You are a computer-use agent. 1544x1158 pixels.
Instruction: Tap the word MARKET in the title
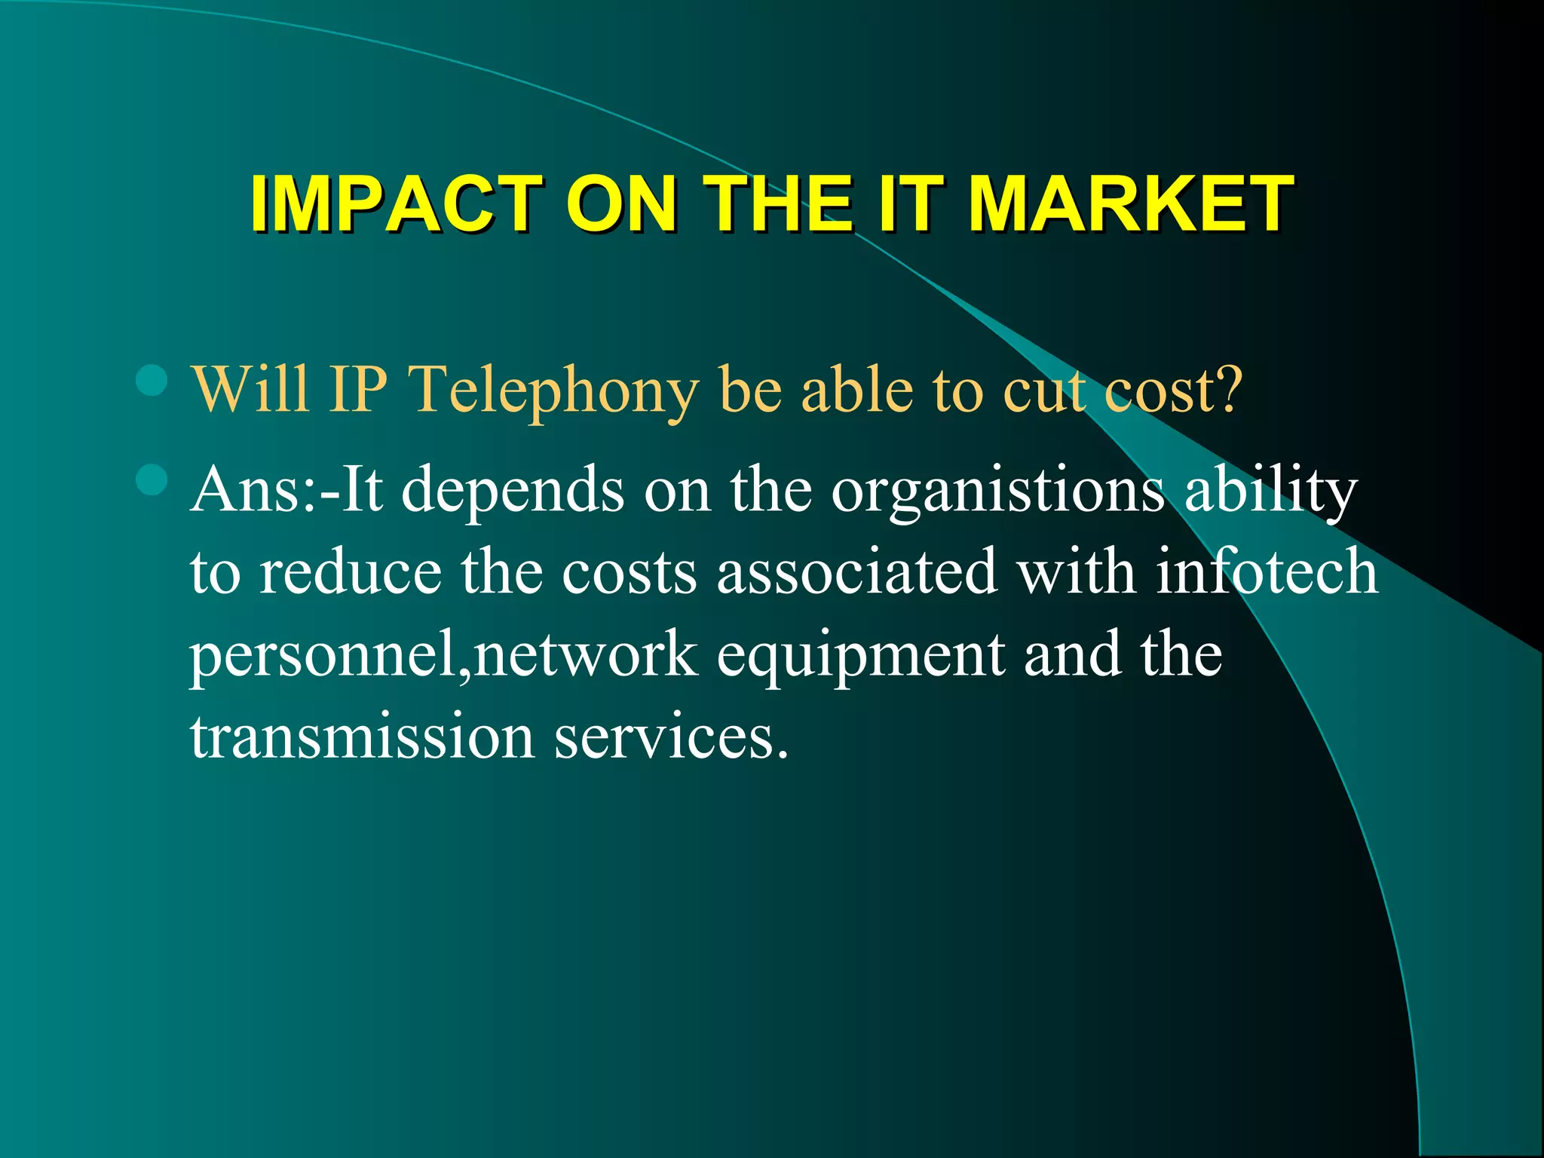[1131, 204]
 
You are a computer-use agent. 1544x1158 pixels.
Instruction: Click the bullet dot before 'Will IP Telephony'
[152, 381]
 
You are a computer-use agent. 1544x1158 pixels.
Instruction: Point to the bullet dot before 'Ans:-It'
[152, 479]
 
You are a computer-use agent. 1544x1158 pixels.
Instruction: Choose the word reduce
[351, 573]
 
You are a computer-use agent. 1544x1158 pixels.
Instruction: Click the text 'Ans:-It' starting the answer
[286, 490]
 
